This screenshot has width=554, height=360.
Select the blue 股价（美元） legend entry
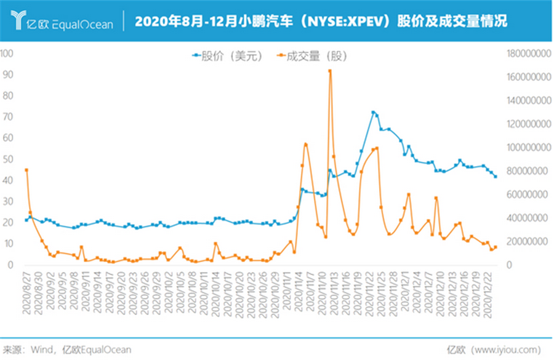227,56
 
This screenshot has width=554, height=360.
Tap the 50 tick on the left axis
9,159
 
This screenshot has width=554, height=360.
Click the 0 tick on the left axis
10,265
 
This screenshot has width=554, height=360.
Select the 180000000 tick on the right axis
526,54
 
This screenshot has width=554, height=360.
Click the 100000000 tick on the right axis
526,148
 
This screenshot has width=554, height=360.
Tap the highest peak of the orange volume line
330,71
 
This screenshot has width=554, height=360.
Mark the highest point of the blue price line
373,113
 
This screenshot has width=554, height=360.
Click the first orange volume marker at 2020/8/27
26,170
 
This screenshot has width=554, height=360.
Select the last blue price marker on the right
496,177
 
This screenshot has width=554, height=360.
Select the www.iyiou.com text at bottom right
504,350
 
